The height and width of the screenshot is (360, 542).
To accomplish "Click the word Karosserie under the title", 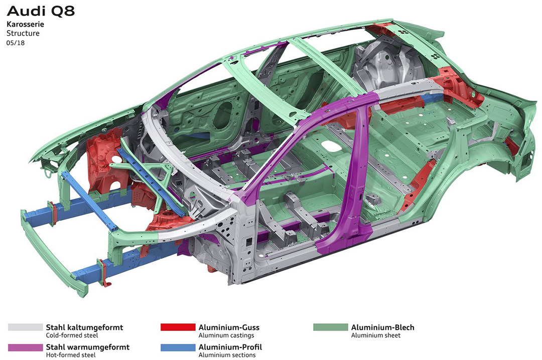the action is tap(25, 25).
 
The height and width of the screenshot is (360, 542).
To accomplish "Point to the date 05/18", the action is tap(16, 43).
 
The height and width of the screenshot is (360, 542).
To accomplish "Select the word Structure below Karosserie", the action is tap(23, 34).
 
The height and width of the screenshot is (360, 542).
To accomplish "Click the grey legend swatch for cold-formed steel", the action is tap(25, 327).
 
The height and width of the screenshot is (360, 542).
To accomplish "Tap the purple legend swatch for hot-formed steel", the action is tap(25, 347).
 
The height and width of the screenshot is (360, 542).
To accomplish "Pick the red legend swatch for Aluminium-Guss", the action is tap(178, 327).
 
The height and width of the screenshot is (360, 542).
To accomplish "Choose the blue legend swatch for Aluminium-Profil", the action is tap(178, 347).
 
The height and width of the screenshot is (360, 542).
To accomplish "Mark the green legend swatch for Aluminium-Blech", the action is tap(331, 327).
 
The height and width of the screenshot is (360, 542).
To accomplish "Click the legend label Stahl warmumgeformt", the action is tap(88, 347).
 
